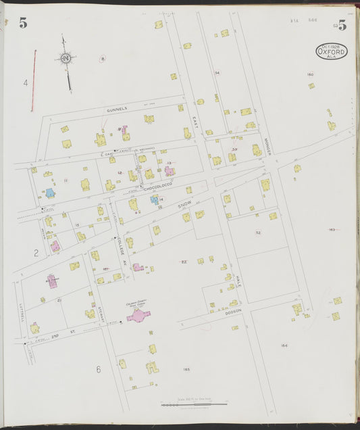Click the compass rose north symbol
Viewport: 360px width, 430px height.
[x=66, y=59]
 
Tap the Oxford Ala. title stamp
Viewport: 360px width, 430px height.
[x=332, y=51]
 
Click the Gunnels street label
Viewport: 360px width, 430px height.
[x=116, y=109]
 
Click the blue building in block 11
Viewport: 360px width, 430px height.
[x=50, y=193]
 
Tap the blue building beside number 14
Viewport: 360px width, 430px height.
[x=154, y=200]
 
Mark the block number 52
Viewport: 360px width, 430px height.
[x=258, y=232]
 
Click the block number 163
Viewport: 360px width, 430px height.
[x=332, y=230]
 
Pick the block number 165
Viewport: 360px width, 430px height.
[x=186, y=369]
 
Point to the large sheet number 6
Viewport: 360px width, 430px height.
[x=98, y=369]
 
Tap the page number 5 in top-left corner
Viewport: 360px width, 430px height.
[x=23, y=24]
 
